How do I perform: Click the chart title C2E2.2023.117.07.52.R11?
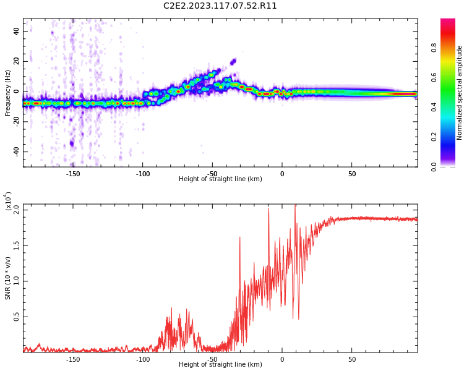point(220,6)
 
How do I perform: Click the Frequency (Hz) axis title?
point(8,93)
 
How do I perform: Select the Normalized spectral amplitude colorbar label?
point(460,93)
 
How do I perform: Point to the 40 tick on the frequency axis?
point(16,32)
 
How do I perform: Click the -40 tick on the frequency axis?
point(15,151)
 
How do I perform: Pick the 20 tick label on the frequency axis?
point(16,61)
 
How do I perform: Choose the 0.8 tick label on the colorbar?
point(434,48)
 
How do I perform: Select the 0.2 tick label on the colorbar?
point(434,137)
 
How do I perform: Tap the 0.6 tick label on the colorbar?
point(434,77)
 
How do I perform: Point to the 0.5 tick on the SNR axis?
point(15,317)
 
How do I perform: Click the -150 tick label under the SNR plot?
point(73,359)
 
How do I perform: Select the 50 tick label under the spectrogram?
point(351,174)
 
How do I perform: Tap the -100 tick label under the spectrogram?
point(143,174)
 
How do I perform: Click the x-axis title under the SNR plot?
point(220,365)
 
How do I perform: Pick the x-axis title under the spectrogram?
point(220,179)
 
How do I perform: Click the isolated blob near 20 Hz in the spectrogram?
point(233,61)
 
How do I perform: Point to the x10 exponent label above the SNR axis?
point(9,201)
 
